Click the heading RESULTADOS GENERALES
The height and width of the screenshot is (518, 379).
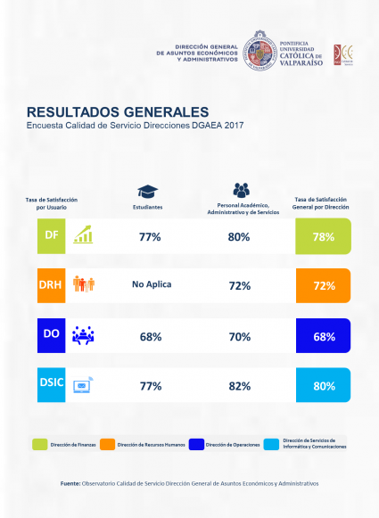coord(117,112)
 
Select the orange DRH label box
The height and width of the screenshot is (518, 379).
coord(50,285)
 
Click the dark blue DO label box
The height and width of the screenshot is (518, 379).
coord(50,335)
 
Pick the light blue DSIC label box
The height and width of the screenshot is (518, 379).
coord(50,385)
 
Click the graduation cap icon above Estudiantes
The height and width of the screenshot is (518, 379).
coord(148,191)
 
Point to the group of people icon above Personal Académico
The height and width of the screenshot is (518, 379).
coord(242,190)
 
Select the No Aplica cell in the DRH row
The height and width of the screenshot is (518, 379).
coord(151,285)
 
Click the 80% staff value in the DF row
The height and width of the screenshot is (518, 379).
coord(238,236)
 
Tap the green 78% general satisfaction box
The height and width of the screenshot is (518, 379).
coord(323,236)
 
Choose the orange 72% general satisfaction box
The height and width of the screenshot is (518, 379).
coord(323,286)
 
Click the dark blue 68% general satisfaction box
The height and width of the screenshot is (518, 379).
coord(323,336)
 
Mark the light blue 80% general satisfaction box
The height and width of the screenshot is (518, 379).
coord(323,386)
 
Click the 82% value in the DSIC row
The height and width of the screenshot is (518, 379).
coord(238,386)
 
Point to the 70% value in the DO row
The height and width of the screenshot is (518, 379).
coord(238,336)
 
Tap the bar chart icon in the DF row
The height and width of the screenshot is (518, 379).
coord(83,235)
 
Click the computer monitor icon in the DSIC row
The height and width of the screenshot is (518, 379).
coord(83,385)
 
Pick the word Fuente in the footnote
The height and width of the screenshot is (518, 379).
coord(70,483)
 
